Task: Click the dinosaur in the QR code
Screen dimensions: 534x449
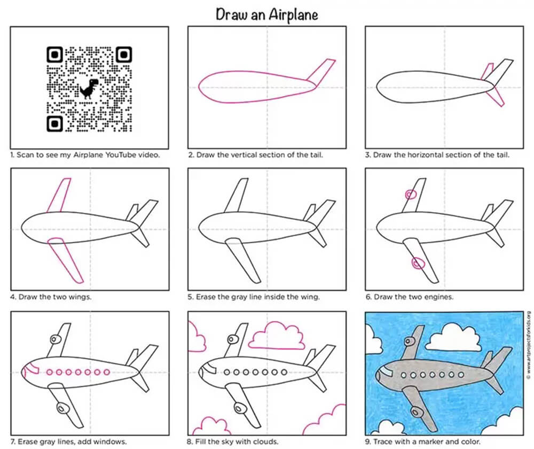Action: click(89, 89)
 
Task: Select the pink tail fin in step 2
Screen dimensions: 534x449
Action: click(321, 72)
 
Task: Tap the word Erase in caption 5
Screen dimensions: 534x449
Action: click(205, 297)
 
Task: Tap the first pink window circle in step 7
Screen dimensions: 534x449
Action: click(50, 372)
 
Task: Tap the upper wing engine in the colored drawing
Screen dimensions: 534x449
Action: click(409, 341)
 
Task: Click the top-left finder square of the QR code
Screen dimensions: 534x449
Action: click(54, 55)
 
